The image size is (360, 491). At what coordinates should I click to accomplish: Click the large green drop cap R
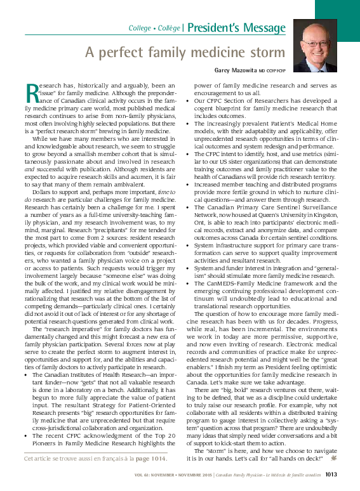32,92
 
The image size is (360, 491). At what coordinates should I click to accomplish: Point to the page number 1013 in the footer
335,473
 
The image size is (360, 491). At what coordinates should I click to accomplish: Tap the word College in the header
140,29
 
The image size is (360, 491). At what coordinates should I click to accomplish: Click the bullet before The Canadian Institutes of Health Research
26,376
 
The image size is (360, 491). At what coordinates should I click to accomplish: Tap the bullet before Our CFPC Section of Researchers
196,100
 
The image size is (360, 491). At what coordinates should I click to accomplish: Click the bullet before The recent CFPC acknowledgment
26,437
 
